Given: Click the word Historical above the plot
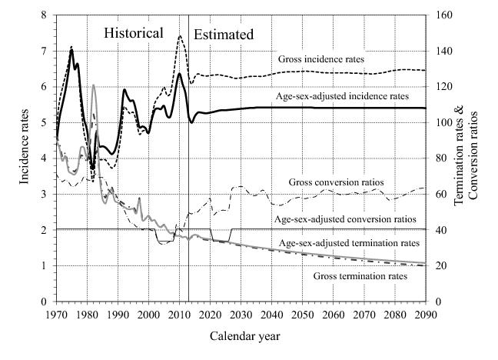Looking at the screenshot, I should (134, 33).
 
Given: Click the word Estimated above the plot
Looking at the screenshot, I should (223, 35).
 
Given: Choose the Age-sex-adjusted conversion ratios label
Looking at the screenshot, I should (345, 219).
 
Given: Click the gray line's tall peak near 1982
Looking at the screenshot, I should (93, 85).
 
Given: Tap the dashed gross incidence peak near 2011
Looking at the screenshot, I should (180, 36).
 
